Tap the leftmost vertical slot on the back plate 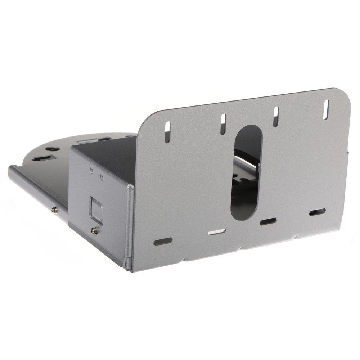(168, 131)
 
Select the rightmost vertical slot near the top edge (326, 109)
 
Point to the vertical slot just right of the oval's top (276, 116)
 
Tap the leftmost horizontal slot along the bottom (163, 242)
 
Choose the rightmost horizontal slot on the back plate (317, 212)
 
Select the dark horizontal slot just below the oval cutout (268, 221)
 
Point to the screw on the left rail (54, 209)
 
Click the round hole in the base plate (53, 148)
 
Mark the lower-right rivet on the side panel (102, 177)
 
